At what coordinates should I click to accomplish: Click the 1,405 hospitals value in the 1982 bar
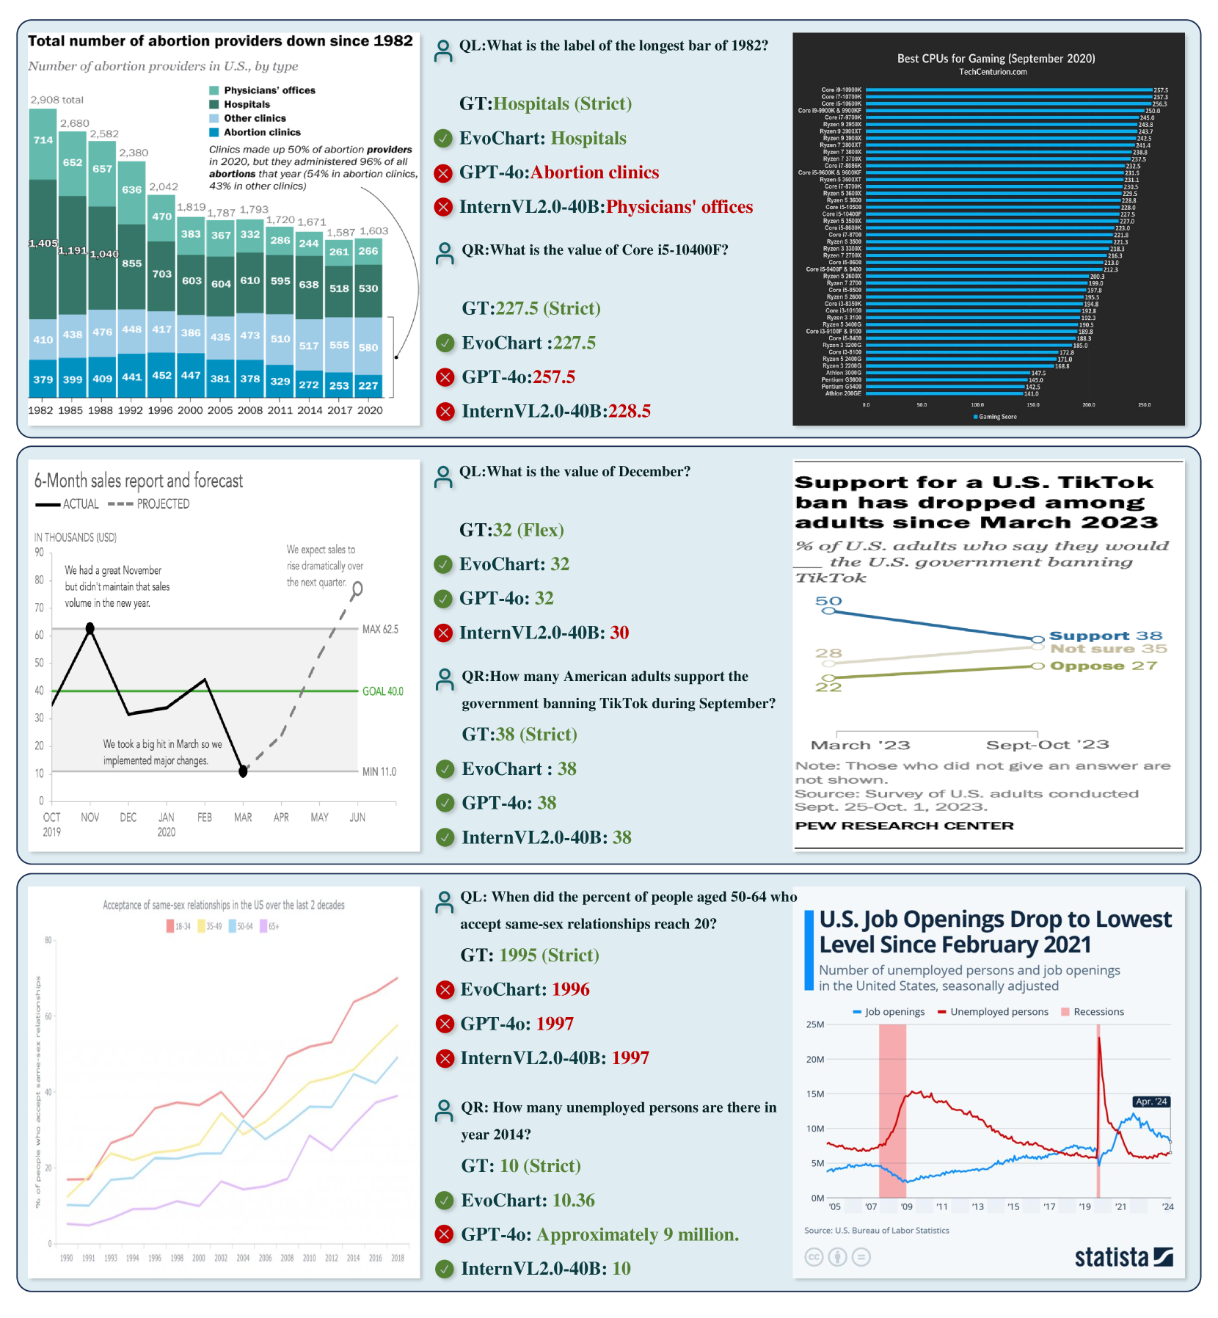pyautogui.click(x=43, y=243)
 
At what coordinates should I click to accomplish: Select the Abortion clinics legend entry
pyautogui.click(x=261, y=132)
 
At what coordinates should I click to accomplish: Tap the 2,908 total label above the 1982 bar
pyautogui.click(x=56, y=100)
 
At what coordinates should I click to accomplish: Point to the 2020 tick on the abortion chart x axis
pyautogui.click(x=370, y=410)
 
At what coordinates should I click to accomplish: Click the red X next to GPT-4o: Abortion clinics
pyautogui.click(x=443, y=173)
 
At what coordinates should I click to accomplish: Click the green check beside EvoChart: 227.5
pyautogui.click(x=445, y=343)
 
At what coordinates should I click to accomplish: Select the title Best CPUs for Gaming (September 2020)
pyautogui.click(x=996, y=59)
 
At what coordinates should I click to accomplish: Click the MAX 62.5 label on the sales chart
pyautogui.click(x=380, y=629)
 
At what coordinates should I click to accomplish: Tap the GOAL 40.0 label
pyautogui.click(x=382, y=691)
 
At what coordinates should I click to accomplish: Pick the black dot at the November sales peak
pyautogui.click(x=90, y=628)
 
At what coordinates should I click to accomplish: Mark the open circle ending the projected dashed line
pyautogui.click(x=357, y=588)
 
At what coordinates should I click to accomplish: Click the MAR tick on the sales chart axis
pyautogui.click(x=243, y=818)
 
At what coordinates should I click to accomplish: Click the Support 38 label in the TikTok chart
pyautogui.click(x=1105, y=636)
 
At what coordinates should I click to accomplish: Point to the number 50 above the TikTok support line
pyautogui.click(x=828, y=601)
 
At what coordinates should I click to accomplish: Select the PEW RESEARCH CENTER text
pyautogui.click(x=904, y=826)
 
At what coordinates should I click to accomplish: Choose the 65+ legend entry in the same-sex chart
pyautogui.click(x=269, y=926)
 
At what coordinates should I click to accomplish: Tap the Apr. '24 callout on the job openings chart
pyautogui.click(x=1150, y=1102)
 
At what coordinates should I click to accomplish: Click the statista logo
pyautogui.click(x=1123, y=1257)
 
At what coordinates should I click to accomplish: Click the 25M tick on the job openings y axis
pyautogui.click(x=815, y=1024)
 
